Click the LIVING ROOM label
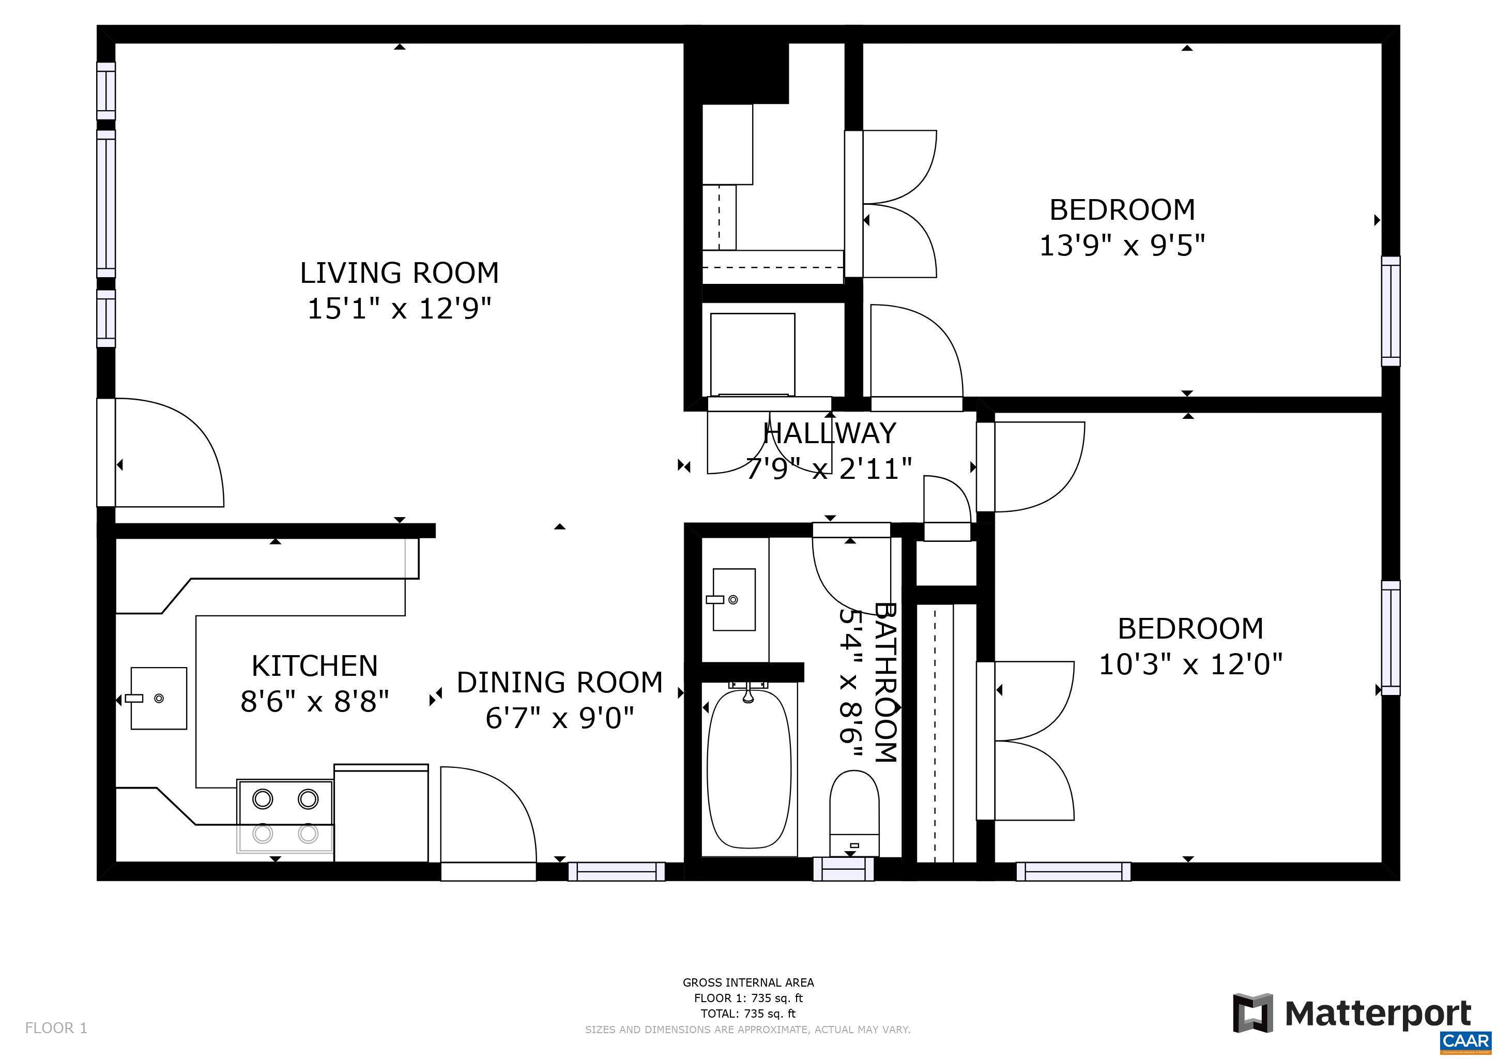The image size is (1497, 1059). tap(399, 273)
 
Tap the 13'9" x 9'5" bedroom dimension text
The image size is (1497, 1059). tap(1121, 246)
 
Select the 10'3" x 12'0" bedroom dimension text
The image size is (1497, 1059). tap(1190, 664)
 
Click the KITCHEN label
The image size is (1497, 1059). tap(314, 666)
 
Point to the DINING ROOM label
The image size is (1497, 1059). tap(559, 682)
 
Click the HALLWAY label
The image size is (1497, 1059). tap(829, 433)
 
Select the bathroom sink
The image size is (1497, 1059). tap(734, 599)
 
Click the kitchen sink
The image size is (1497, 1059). tap(159, 698)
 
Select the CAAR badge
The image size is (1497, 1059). tap(1467, 1041)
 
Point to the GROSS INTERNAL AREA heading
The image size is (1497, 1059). tap(748, 982)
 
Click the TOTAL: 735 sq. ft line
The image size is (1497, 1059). tap(748, 1013)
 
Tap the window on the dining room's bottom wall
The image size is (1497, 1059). tap(616, 871)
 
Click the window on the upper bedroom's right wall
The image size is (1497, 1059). tap(1390, 311)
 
